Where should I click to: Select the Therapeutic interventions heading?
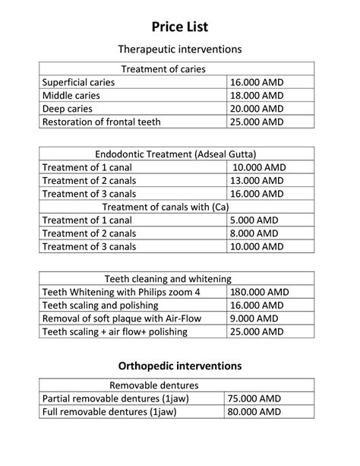179,49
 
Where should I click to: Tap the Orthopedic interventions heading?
179,365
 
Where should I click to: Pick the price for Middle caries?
257,95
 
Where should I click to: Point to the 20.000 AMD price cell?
257,109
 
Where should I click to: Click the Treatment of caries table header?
174,68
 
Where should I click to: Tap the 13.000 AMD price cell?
257,180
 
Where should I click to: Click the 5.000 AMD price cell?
254,220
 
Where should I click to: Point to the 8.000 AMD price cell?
254,233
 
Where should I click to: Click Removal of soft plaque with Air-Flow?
122,319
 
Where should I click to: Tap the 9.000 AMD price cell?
254,319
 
